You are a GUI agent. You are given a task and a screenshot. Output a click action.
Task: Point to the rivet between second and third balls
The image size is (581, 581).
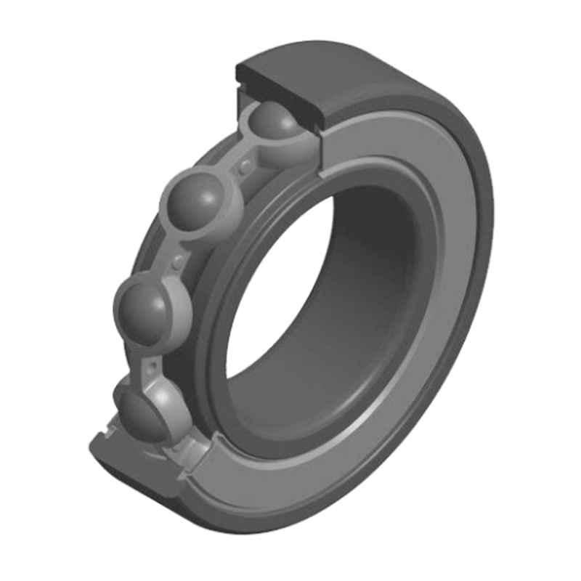[176, 260]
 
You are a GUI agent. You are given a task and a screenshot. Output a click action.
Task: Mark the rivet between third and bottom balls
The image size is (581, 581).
[154, 361]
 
